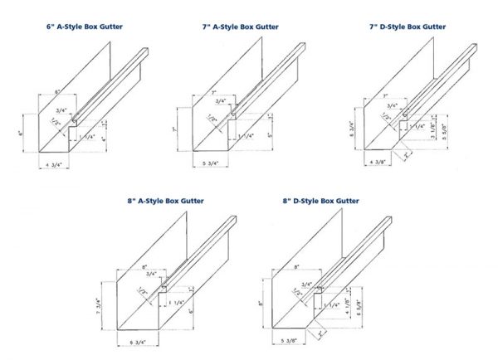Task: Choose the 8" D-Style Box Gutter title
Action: tap(320, 201)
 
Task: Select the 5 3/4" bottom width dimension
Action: tap(212, 163)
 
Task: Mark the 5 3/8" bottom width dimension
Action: tap(289, 341)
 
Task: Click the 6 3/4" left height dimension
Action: tap(352, 128)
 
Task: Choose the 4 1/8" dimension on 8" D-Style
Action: tap(340, 299)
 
